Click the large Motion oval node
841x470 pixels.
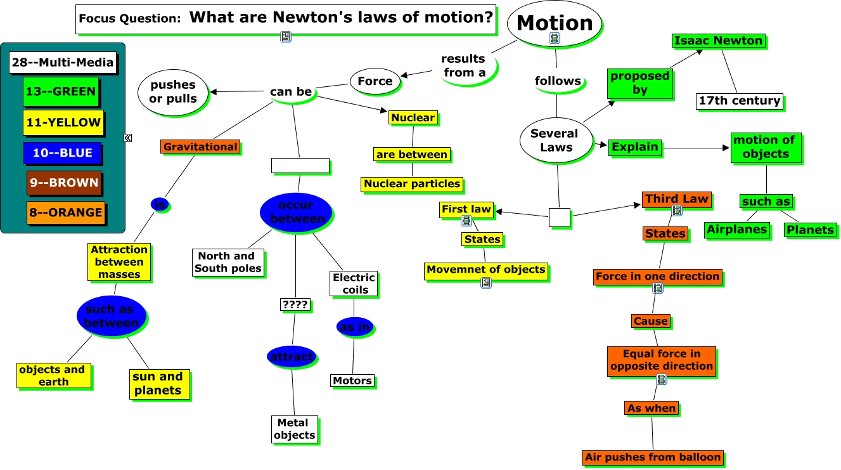coord(555,23)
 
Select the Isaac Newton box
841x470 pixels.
coord(718,41)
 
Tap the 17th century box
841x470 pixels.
coord(739,100)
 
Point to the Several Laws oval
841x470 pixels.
coord(555,140)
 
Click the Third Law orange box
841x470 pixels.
coord(676,199)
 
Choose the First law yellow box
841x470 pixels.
coord(466,209)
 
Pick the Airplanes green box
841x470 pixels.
coord(737,230)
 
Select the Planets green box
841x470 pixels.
coord(810,230)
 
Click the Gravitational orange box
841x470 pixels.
coord(200,147)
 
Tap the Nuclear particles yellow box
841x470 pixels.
coord(412,184)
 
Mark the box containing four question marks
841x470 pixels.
coord(295,304)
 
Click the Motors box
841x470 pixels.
coord(352,381)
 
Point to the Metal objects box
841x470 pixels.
coord(294,429)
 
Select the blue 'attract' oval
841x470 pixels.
coord(292,356)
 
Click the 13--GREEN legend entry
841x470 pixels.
coord(61,91)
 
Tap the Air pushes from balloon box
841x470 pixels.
coord(653,457)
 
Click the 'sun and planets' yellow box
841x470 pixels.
coord(158,384)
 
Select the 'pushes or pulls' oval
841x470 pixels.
coord(172,93)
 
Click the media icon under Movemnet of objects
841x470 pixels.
coord(486,283)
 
